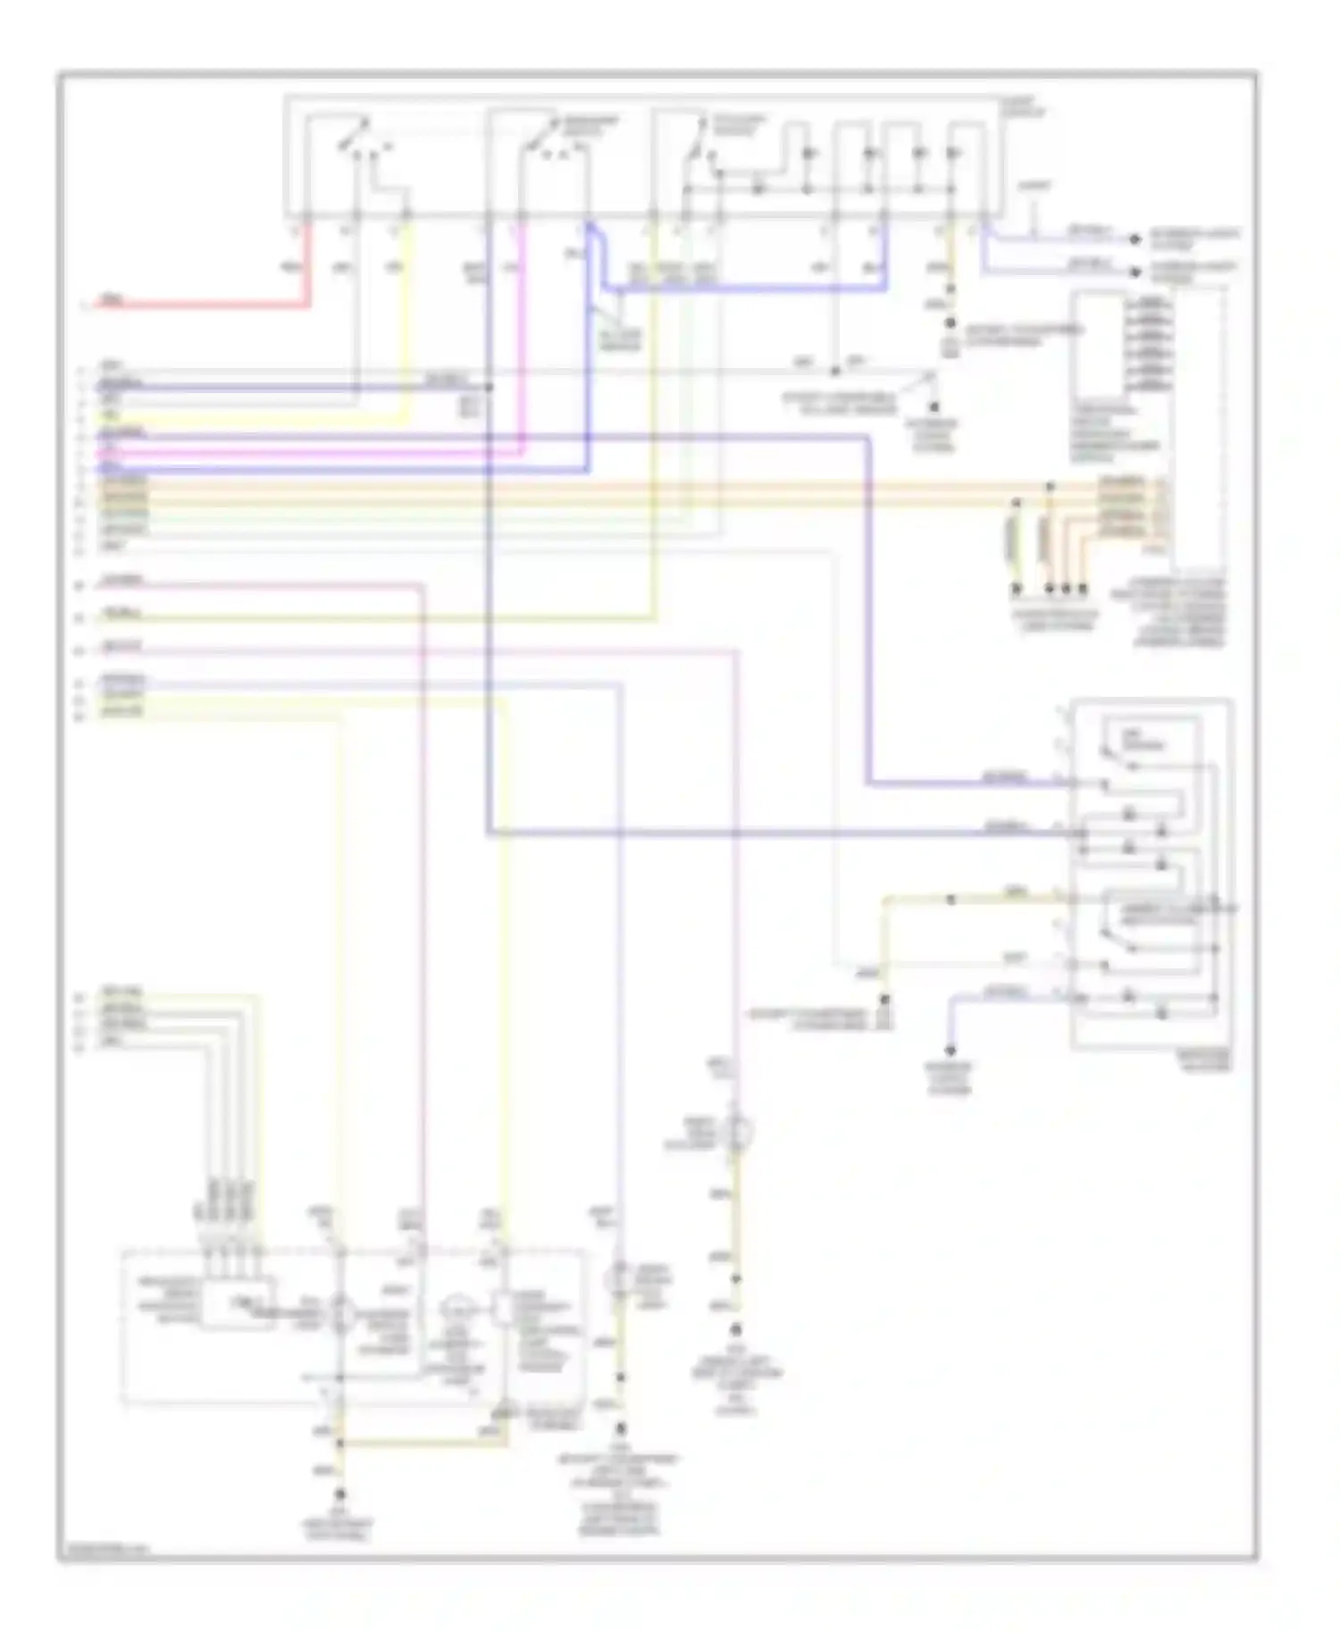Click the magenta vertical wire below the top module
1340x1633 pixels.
click(523, 339)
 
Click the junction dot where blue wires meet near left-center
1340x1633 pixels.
click(489, 388)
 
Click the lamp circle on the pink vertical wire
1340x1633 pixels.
click(736, 1133)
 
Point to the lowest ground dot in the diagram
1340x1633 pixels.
click(339, 1494)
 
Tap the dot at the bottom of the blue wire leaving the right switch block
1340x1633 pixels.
click(951, 1051)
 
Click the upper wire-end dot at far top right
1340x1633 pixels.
click(1135, 239)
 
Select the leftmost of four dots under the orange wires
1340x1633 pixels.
click(1016, 589)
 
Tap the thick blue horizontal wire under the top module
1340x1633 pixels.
click(741, 289)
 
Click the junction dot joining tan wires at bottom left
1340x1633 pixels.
click(339, 1442)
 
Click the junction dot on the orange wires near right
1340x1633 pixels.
click(1051, 488)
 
